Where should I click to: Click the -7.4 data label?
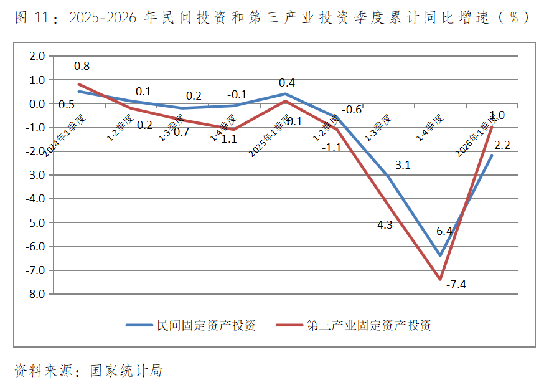click(x=457, y=285)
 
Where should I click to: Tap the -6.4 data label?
click(x=443, y=231)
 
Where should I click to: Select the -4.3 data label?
click(x=383, y=225)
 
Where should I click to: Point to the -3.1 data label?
click(x=401, y=165)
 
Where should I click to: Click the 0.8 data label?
click(x=82, y=65)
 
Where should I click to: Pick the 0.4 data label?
click(x=287, y=83)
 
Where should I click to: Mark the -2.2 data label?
click(x=500, y=146)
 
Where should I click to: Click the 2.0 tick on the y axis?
click(x=37, y=56)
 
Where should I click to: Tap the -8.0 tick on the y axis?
click(x=36, y=294)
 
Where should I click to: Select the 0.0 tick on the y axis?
click(x=37, y=104)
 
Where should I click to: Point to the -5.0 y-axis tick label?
click(x=36, y=222)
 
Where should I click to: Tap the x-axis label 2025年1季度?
click(x=270, y=135)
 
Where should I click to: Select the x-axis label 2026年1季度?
click(x=476, y=135)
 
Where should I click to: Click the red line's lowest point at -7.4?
click(x=440, y=279)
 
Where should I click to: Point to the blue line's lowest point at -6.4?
click(x=440, y=255)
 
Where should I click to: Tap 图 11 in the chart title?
click(x=30, y=17)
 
